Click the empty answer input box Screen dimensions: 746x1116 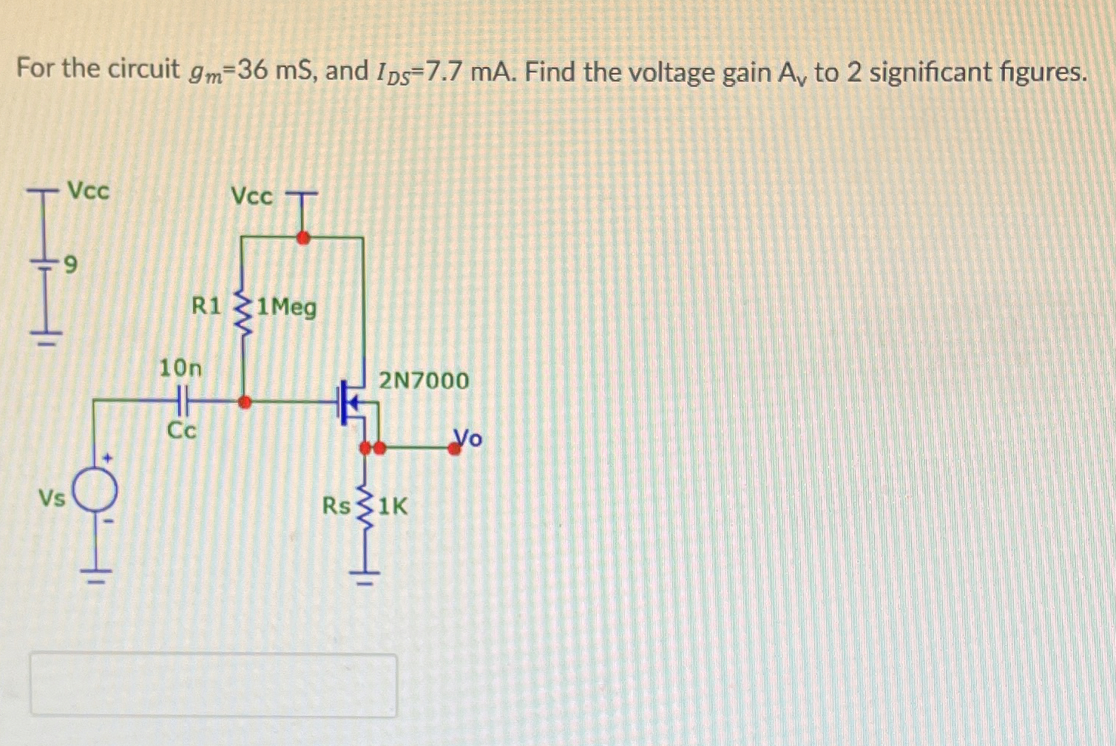(x=213, y=685)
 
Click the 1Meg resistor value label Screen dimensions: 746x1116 (x=287, y=307)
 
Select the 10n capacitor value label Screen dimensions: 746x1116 (x=180, y=367)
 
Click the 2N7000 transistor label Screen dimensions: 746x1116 (x=424, y=381)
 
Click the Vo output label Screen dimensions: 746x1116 (x=467, y=438)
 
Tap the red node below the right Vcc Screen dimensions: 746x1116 (x=302, y=237)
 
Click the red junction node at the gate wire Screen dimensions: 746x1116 (x=244, y=401)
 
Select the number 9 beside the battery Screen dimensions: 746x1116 (x=71, y=263)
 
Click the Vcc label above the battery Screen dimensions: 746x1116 (x=88, y=191)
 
